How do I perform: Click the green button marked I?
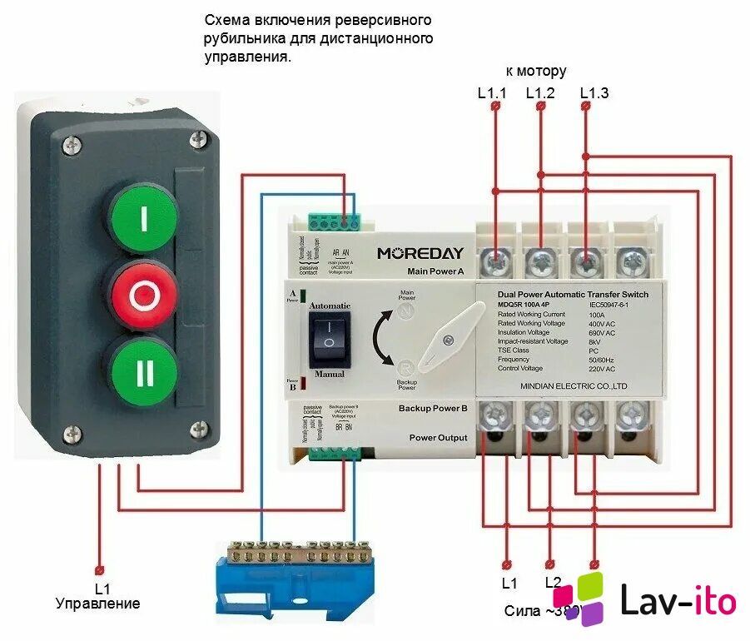pos(143,219)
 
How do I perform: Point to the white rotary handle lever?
pos(450,337)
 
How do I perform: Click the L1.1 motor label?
pos(492,93)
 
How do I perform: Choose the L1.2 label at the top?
pos(540,93)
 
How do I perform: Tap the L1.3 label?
pos(594,93)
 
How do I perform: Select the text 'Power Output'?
pos(437,438)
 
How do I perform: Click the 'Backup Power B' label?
pos(432,409)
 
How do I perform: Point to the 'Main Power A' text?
pos(435,271)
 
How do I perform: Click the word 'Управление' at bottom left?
pos(98,604)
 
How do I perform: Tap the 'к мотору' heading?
pos(536,72)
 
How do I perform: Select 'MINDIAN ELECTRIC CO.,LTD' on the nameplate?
pos(572,386)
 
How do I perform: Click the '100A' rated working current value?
pos(596,315)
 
